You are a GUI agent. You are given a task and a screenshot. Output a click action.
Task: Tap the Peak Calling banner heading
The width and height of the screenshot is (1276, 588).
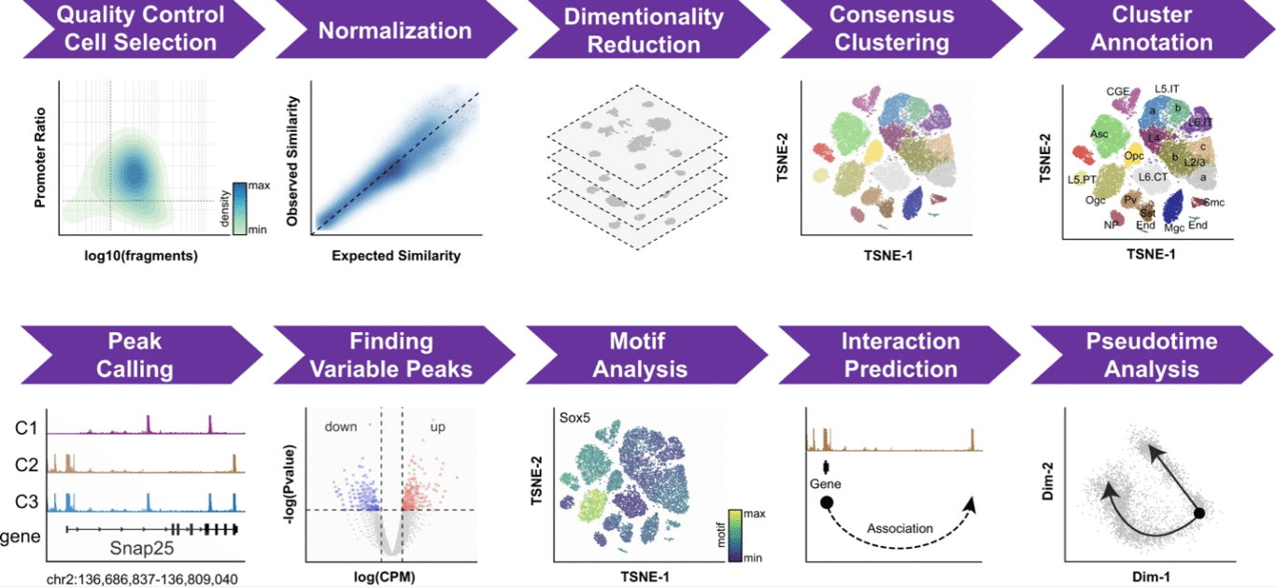click(141, 355)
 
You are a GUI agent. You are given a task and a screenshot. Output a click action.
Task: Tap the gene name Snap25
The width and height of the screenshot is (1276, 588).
click(143, 548)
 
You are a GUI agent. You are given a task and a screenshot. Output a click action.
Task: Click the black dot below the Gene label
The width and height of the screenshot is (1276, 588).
click(826, 505)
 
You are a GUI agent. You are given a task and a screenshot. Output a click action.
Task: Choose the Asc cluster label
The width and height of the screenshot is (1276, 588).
click(1099, 133)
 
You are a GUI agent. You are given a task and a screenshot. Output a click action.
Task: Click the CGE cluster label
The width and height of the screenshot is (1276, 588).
click(1118, 91)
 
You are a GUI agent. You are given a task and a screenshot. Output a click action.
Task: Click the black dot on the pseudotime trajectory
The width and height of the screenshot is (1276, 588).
click(1200, 514)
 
